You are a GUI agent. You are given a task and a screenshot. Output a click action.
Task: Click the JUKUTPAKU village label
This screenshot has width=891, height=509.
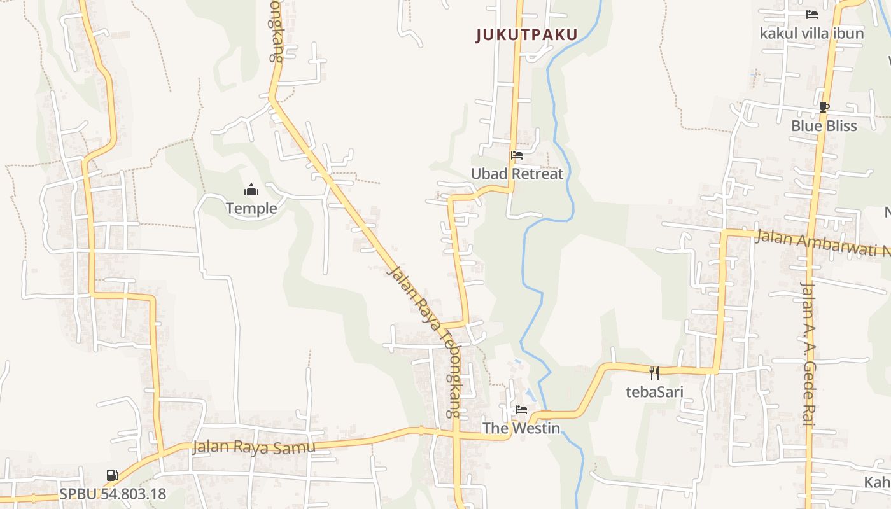[526, 35]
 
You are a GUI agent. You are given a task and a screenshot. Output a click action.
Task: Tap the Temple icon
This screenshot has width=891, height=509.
[251, 190]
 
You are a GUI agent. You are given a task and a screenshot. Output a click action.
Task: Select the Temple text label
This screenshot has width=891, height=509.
[251, 208]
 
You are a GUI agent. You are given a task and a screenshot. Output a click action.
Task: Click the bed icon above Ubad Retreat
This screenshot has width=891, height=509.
[517, 155]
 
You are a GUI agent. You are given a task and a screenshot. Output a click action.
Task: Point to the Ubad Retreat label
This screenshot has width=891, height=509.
[517, 174]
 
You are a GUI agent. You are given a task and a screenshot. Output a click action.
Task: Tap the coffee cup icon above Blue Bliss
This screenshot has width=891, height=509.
[824, 108]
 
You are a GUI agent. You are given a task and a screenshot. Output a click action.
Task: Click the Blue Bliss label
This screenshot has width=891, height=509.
[824, 126]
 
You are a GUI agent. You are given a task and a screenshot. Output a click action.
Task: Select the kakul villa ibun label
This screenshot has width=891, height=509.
[811, 33]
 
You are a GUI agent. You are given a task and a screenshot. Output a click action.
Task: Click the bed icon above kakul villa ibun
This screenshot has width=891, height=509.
[811, 15]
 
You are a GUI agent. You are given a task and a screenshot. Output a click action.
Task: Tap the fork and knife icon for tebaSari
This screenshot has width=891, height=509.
[654, 373]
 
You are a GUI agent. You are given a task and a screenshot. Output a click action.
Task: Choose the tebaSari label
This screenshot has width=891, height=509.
[654, 391]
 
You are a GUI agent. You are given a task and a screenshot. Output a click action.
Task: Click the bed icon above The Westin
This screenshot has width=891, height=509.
[521, 410]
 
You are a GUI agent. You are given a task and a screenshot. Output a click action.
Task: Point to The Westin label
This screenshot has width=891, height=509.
[521, 428]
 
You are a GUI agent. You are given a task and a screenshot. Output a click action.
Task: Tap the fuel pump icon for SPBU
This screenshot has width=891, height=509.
[112, 475]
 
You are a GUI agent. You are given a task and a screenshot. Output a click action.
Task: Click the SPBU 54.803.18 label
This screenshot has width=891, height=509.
[113, 494]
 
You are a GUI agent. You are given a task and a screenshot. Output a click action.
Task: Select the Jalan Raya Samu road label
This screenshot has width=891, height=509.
[254, 447]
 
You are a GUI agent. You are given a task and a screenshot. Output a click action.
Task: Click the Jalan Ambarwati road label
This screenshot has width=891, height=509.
[821, 243]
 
